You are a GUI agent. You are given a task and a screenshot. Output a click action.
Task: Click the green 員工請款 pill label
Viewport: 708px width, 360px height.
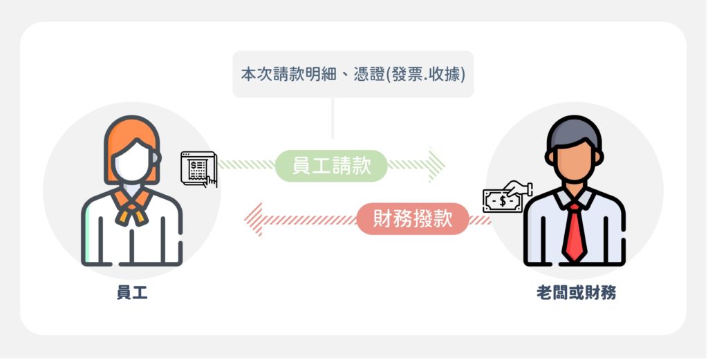pos(331,166)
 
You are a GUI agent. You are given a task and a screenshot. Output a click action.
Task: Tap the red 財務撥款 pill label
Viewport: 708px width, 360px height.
pos(413,219)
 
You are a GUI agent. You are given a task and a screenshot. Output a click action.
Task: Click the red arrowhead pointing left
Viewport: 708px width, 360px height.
pos(253,220)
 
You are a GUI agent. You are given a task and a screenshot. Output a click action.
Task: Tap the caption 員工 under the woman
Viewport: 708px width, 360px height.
pos(132,293)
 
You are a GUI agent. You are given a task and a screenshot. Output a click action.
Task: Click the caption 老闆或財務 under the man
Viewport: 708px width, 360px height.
pos(576,293)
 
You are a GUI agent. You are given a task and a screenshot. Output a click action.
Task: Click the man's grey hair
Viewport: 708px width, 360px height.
pos(574,131)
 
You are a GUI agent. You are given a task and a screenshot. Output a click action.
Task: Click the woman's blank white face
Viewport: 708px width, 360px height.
pos(132,162)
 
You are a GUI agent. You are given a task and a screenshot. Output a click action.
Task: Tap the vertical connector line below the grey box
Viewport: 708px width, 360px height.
pos(333,118)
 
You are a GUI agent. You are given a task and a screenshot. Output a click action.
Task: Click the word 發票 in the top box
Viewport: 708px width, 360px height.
pos(407,75)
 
